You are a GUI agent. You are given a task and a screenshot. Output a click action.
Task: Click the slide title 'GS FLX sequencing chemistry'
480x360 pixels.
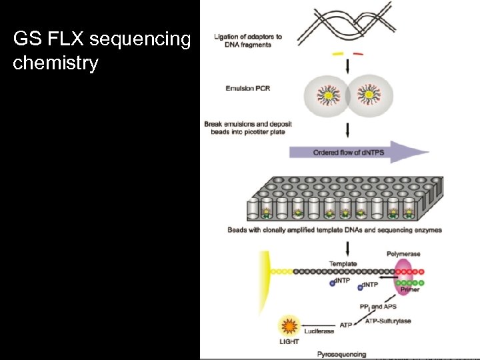(101, 51)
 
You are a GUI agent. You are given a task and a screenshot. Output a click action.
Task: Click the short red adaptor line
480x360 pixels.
(358, 54)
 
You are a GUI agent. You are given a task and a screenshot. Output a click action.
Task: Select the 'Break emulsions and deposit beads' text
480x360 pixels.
(248, 128)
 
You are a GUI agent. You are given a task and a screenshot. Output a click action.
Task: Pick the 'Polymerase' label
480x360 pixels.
(403, 254)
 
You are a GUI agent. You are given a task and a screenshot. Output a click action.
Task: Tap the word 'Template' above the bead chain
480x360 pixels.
(343, 264)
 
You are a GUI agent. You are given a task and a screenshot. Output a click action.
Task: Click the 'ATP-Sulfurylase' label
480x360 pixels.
(388, 321)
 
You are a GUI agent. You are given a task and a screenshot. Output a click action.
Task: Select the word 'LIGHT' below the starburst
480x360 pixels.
(290, 342)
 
